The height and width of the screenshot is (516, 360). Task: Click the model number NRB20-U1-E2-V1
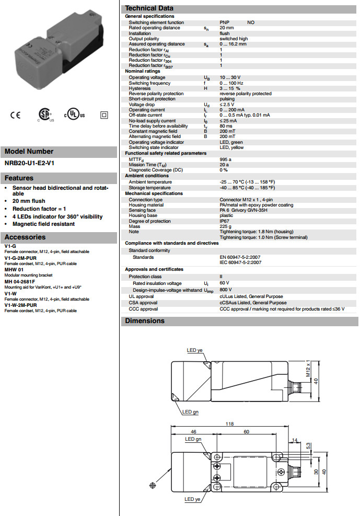pos(29,163)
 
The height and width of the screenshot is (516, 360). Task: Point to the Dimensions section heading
pos(145,321)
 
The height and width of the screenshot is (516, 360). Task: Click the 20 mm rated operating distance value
pos(226,28)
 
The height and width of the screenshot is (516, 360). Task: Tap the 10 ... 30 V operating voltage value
pos(230,78)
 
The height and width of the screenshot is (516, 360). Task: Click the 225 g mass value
pos(225,226)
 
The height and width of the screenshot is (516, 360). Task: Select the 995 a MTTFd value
pos(225,159)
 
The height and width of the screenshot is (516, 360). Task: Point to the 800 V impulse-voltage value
pos(226,290)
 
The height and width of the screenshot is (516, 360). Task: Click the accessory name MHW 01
pos(14,269)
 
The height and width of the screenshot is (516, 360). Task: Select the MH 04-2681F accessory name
pos(20,281)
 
